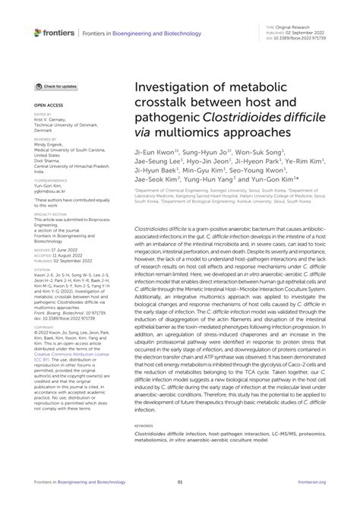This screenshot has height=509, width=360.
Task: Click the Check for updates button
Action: pos(57,88)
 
